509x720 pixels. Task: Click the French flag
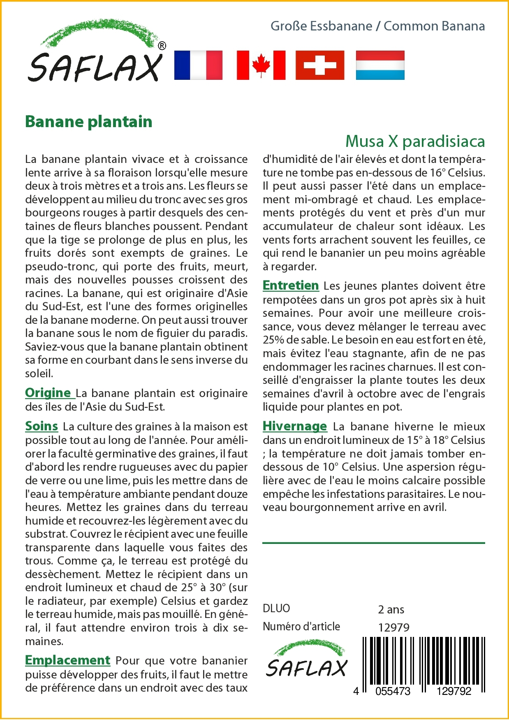tap(198, 65)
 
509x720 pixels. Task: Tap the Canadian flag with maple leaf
tap(261, 65)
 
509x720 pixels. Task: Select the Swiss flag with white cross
tap(320, 65)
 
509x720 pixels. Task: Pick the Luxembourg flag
tap(380, 65)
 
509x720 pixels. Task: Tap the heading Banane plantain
tap(89, 122)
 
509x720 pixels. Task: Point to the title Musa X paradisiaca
tap(415, 141)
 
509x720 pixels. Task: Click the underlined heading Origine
tap(48, 393)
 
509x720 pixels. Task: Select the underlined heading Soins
tap(42, 426)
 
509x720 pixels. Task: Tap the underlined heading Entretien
tap(291, 286)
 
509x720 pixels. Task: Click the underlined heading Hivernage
tap(295, 426)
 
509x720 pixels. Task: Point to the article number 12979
tap(393, 627)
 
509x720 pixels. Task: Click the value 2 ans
tap(391, 609)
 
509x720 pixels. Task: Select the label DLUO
tap(276, 609)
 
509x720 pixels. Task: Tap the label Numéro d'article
tap(301, 627)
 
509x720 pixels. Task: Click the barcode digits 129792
tap(454, 691)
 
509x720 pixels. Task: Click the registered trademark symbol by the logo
tap(162, 46)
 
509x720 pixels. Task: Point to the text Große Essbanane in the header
tap(321, 26)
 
